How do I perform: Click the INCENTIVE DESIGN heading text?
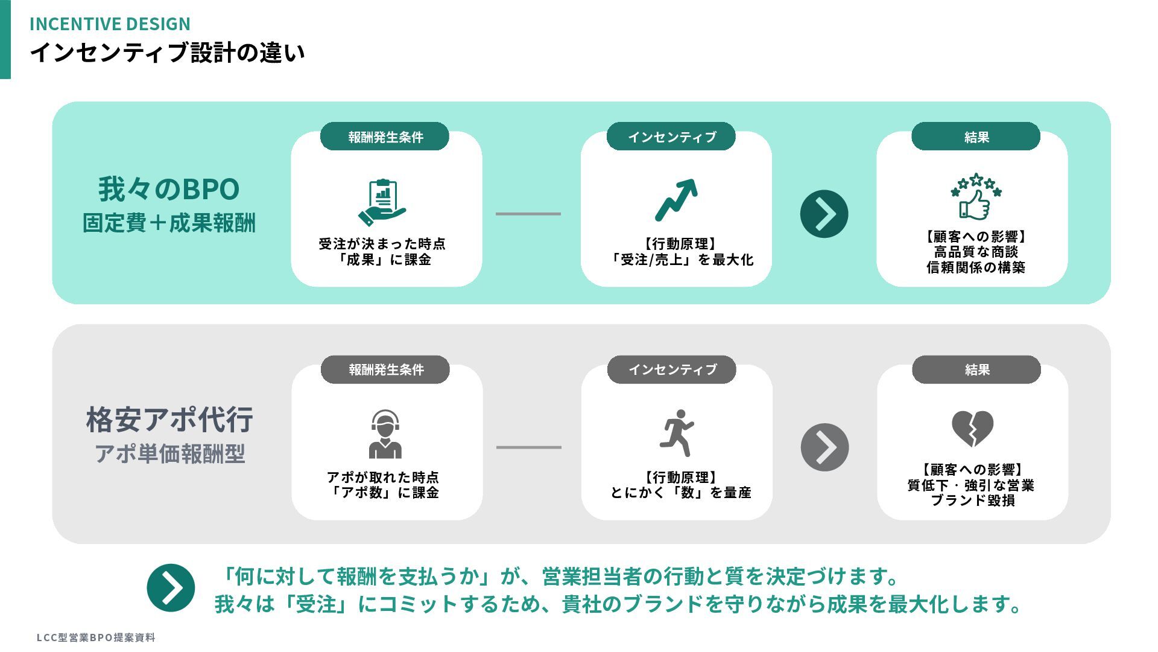pos(110,24)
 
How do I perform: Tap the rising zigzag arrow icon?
pos(676,200)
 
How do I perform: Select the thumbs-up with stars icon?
pos(975,197)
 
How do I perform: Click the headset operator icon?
pos(385,433)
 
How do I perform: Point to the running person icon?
pos(677,433)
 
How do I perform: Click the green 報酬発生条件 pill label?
pos(385,137)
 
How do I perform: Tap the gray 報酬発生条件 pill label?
pos(385,369)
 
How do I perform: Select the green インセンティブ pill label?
pos(671,137)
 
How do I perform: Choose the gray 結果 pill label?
pos(976,369)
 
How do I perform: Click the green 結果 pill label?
pos(976,137)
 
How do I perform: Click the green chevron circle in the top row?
pos(824,214)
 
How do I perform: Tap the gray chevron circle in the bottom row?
pos(824,447)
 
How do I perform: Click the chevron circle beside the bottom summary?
pos(171,588)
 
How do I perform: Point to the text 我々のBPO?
pos(169,189)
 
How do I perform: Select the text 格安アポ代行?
pos(169,420)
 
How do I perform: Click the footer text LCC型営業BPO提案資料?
pos(96,638)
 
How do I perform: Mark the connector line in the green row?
pos(528,214)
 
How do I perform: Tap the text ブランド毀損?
pos(973,500)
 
